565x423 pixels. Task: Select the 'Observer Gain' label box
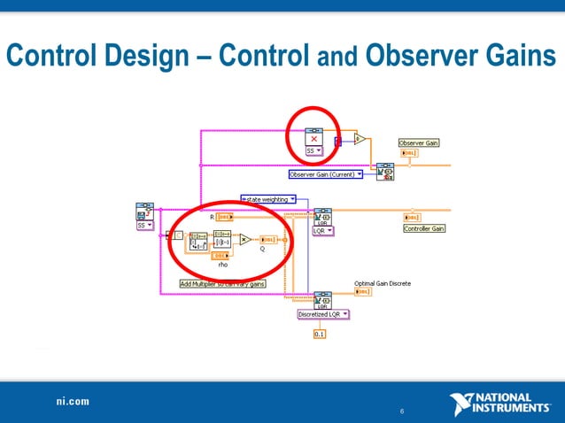click(x=419, y=142)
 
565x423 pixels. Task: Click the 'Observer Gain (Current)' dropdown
click(x=326, y=174)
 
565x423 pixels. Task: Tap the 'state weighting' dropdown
click(x=267, y=199)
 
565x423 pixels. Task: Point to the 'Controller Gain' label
click(x=424, y=228)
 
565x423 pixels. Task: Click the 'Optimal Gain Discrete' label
click(x=383, y=283)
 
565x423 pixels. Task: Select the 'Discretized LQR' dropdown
click(x=323, y=313)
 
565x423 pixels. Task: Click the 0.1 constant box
click(x=320, y=334)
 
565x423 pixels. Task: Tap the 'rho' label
click(x=223, y=264)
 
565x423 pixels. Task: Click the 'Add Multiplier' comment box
click(x=222, y=284)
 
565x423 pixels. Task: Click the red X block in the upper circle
click(x=314, y=139)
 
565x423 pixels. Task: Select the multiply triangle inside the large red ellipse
click(x=245, y=239)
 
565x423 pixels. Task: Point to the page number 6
click(x=402, y=411)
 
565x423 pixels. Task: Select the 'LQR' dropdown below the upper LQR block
click(x=323, y=231)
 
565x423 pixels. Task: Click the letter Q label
click(x=261, y=250)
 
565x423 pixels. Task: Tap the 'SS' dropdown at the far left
click(x=144, y=226)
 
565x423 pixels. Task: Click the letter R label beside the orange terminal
click(x=211, y=216)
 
